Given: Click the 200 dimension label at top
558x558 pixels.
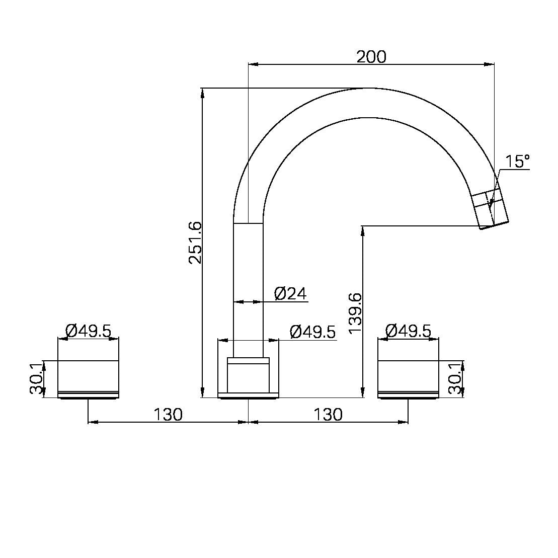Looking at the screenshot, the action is click(371, 57).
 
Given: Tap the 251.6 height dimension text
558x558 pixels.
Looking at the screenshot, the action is click(195, 243).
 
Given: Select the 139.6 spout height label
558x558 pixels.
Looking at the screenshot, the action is click(355, 313).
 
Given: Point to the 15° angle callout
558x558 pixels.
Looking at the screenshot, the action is click(517, 161).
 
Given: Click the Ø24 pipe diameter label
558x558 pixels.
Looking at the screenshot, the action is click(290, 293).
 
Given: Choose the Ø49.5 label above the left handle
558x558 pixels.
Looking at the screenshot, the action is click(88, 331).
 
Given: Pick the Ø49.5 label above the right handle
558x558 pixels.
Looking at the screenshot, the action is click(408, 331).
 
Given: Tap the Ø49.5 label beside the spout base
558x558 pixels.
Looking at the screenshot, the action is click(313, 332).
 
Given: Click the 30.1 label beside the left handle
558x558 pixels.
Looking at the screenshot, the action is click(36, 379).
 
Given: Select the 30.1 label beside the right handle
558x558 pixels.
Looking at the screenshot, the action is click(455, 379).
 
